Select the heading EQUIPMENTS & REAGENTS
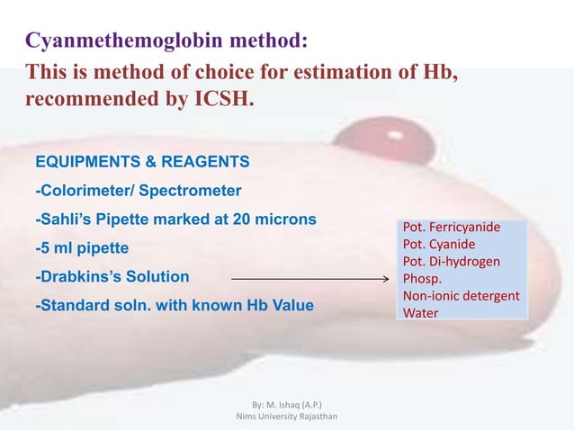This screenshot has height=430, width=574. tap(142, 163)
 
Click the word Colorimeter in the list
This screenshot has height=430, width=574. tap(81, 191)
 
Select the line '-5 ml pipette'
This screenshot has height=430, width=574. tap(82, 247)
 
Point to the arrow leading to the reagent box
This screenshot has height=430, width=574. tap(306, 280)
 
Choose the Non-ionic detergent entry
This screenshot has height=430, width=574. tap(461, 296)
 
